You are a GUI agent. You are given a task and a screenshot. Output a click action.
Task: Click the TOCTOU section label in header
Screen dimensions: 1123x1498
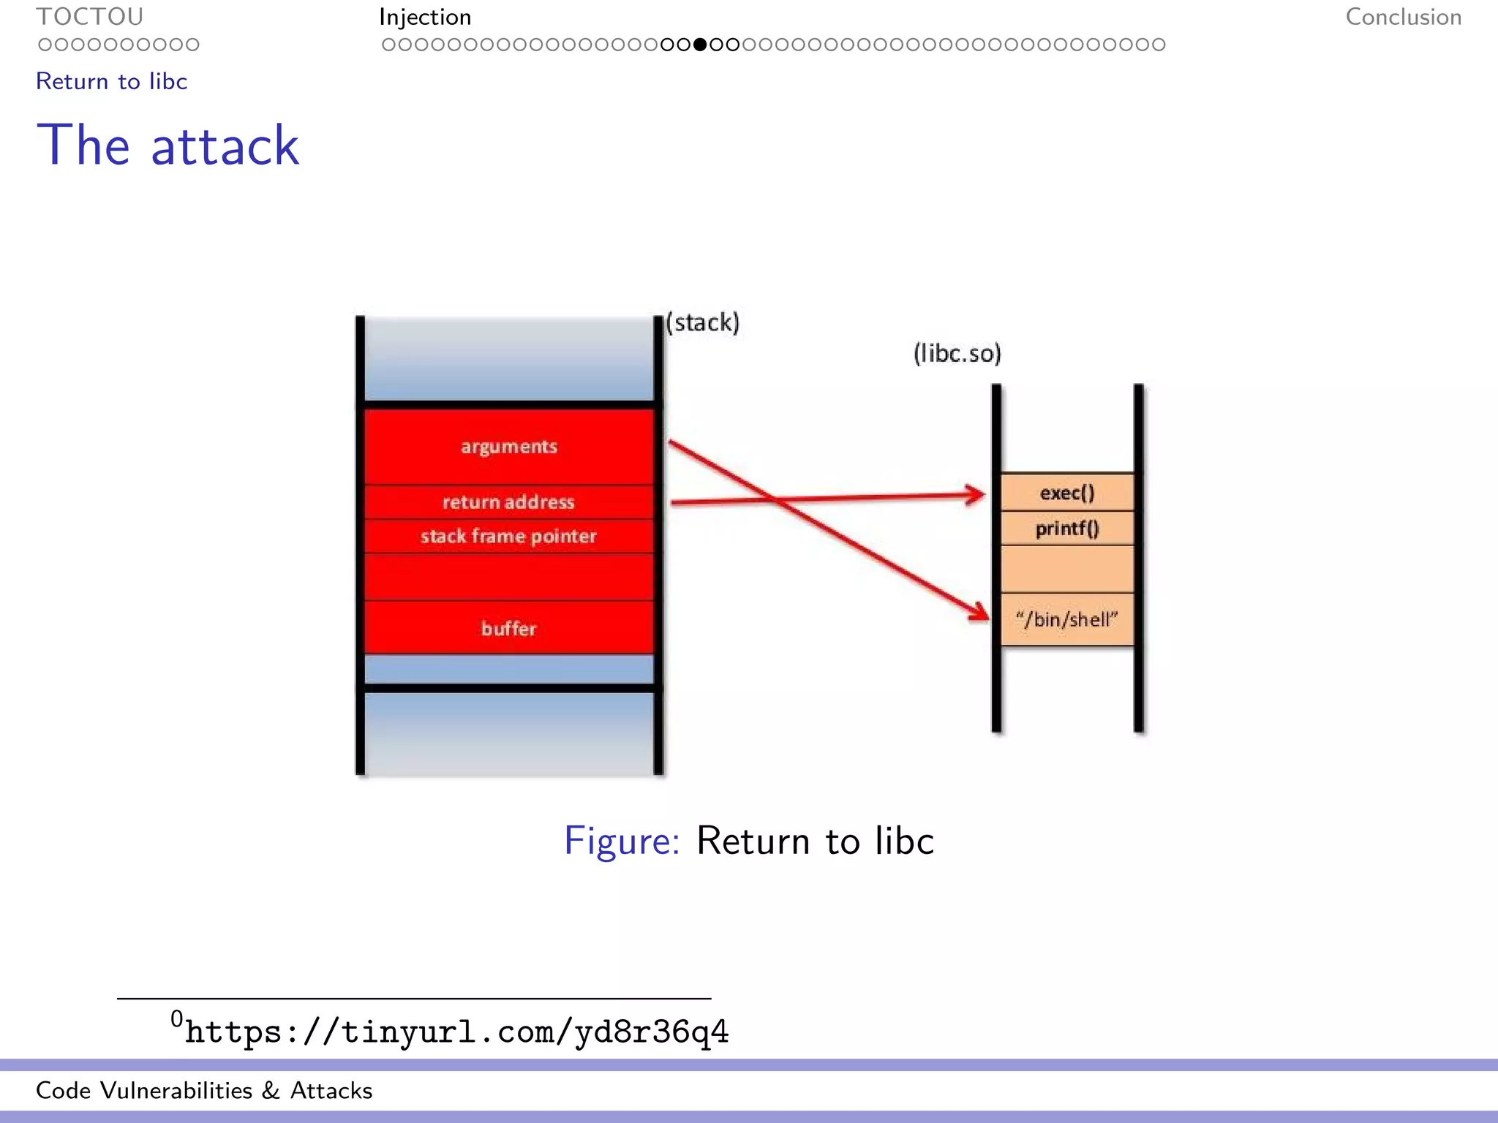click(89, 17)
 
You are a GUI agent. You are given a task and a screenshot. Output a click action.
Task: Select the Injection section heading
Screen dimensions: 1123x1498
click(425, 17)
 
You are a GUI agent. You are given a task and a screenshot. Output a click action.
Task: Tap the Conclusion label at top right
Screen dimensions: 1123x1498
click(1403, 17)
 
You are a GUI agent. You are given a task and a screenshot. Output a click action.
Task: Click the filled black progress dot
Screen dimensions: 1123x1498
click(700, 45)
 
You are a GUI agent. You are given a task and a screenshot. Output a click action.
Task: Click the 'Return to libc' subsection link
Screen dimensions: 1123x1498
click(112, 81)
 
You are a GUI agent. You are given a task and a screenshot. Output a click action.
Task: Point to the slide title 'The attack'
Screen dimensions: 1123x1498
click(168, 145)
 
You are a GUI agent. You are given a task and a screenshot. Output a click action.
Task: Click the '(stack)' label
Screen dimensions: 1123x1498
click(703, 322)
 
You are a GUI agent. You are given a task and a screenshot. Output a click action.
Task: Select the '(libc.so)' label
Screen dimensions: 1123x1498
click(957, 354)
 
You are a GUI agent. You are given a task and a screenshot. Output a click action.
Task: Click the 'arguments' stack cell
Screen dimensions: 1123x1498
click(509, 446)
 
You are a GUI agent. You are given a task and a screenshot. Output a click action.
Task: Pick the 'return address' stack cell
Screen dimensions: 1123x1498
click(509, 502)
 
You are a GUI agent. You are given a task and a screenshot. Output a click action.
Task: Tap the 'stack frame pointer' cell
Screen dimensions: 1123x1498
click(509, 537)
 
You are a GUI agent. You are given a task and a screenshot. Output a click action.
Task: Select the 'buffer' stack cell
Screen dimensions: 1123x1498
click(509, 628)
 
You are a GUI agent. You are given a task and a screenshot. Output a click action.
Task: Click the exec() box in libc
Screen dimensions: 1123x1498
click(1067, 493)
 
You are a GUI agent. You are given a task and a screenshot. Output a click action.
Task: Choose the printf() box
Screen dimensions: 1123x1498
click(1067, 529)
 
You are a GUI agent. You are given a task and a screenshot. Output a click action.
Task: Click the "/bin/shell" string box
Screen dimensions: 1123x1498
click(1067, 620)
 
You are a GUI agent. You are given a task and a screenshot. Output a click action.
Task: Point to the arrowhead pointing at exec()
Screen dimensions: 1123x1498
click(977, 495)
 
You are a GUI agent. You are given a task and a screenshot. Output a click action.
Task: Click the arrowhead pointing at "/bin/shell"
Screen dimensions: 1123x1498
click(980, 611)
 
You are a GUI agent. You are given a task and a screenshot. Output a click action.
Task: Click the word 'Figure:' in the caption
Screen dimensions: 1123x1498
click(622, 841)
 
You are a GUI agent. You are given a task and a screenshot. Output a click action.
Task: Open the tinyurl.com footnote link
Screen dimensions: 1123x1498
click(456, 1032)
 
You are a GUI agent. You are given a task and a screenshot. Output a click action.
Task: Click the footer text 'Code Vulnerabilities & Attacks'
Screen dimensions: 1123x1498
click(204, 1090)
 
